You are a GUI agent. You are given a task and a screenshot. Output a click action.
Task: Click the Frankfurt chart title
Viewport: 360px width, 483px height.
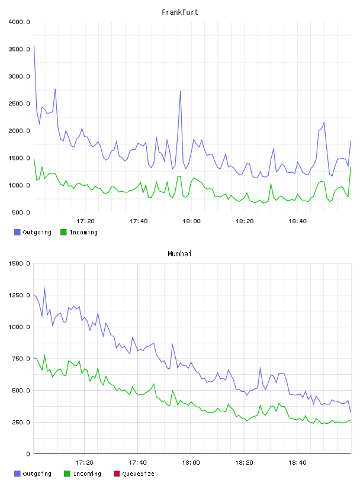tap(180, 12)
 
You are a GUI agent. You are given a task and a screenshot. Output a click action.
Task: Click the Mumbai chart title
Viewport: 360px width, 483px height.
tap(179, 254)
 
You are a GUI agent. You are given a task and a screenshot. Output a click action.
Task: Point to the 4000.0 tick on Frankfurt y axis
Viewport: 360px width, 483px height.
tap(19, 22)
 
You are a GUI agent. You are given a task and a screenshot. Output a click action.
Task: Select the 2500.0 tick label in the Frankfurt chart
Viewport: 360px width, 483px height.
tap(19, 104)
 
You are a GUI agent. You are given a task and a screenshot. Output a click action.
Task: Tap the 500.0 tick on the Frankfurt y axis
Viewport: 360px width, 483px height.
tap(21, 212)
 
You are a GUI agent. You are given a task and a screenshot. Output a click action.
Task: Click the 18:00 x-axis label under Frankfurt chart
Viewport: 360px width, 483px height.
tap(191, 221)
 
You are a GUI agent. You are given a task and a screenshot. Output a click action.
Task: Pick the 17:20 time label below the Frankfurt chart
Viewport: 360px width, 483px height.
tap(85, 221)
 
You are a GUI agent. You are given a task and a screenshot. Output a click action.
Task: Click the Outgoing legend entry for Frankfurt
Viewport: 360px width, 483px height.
tap(33, 232)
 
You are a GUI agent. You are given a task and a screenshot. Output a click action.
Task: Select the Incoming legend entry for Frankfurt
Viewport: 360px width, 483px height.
tap(79, 232)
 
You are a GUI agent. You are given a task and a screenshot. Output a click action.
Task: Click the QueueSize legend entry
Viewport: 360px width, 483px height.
tap(134, 474)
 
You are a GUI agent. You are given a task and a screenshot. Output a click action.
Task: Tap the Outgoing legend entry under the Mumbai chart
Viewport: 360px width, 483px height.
tap(33, 474)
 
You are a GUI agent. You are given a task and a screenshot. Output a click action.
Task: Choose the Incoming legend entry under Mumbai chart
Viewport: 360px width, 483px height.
tap(82, 474)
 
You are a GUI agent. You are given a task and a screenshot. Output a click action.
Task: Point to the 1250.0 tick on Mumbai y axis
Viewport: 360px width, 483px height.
tap(19, 295)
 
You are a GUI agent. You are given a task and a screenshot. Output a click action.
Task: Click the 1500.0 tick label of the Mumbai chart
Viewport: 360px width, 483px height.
tap(19, 263)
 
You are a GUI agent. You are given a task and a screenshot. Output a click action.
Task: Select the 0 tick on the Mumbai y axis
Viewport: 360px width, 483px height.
tap(28, 454)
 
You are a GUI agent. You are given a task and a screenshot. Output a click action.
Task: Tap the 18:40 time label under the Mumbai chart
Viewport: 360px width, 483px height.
tap(297, 463)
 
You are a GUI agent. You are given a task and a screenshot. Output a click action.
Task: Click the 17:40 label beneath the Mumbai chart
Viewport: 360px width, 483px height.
tap(137, 463)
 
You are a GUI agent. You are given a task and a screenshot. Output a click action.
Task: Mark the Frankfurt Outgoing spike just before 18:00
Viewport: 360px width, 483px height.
tap(181, 92)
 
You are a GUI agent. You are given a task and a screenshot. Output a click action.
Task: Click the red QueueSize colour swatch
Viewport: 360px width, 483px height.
tap(117, 474)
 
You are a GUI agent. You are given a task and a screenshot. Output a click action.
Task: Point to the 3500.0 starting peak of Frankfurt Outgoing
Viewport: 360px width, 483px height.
tap(34, 45)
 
